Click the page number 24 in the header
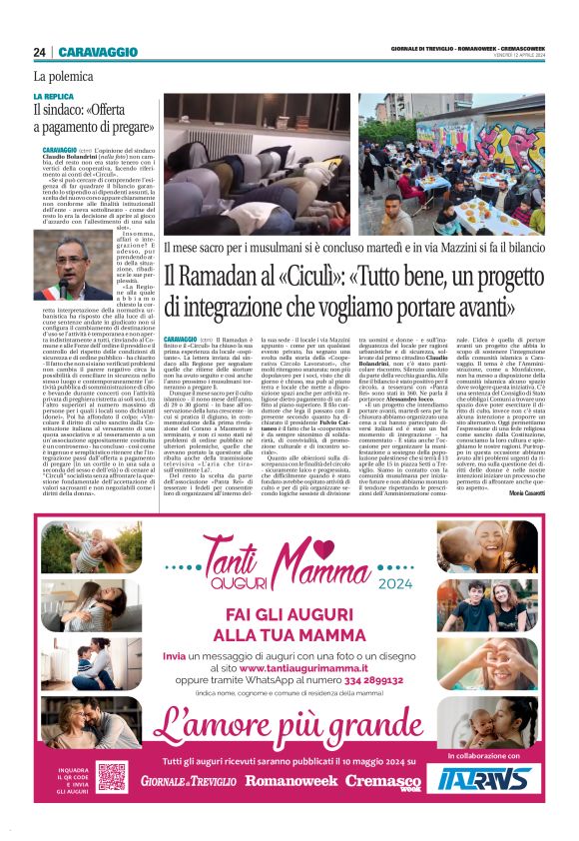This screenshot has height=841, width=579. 40,52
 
